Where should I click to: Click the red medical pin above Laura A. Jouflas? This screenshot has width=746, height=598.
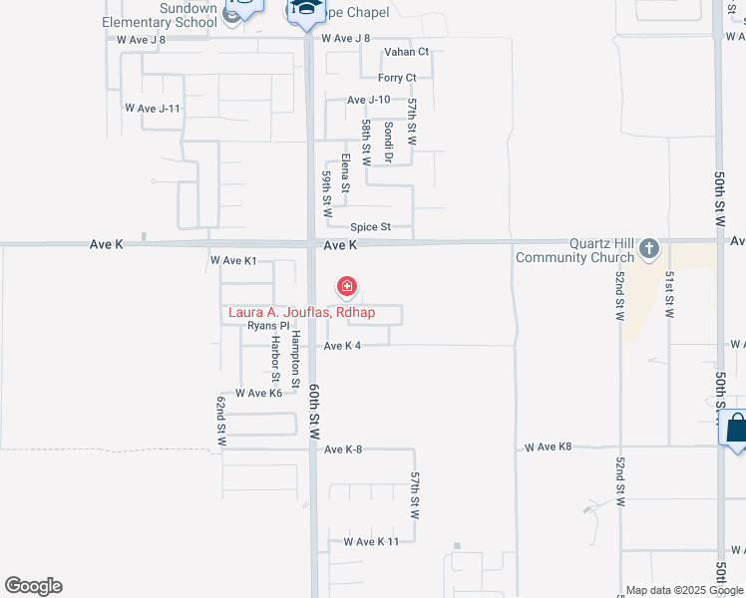click(347, 288)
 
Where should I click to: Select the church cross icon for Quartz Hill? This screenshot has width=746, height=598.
click(649, 248)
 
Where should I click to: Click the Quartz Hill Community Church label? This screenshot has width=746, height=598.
click(575, 250)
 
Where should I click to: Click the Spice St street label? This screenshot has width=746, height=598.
click(370, 227)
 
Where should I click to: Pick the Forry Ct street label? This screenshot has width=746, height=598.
click(397, 78)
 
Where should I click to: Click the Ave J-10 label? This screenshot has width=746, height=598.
click(368, 100)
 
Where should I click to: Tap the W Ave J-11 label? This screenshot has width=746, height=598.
click(153, 108)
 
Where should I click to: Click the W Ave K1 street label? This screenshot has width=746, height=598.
click(233, 261)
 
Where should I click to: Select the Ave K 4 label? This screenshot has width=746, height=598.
click(342, 346)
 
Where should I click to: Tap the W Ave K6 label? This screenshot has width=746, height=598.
click(259, 394)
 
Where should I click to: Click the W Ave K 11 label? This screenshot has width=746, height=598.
click(370, 541)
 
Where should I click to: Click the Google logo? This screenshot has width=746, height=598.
click(33, 586)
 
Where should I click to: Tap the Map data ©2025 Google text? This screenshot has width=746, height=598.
click(683, 590)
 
